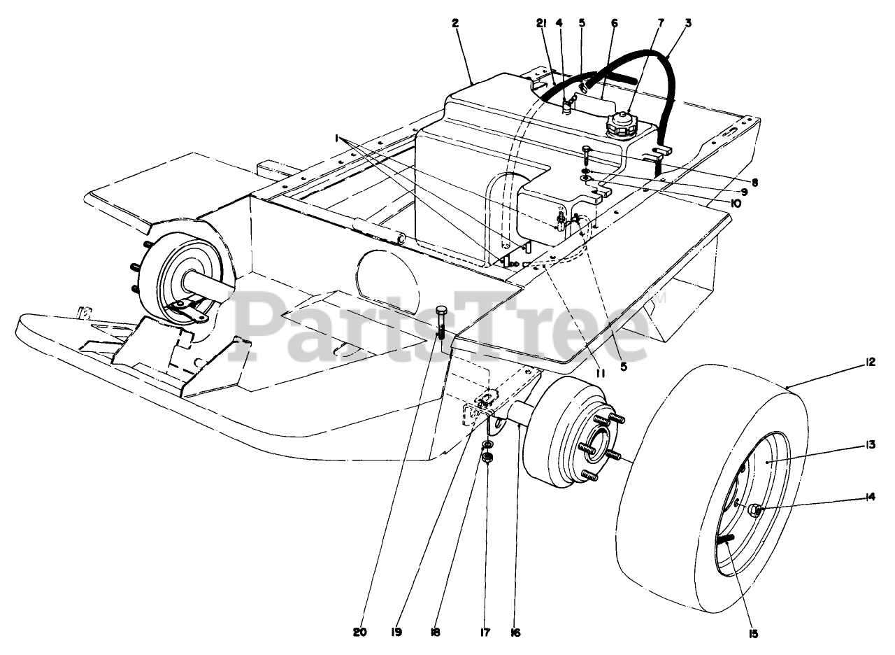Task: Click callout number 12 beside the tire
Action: [x=870, y=362]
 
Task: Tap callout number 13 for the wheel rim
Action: [x=870, y=444]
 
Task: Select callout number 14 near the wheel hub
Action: [x=870, y=498]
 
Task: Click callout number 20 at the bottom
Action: [x=360, y=632]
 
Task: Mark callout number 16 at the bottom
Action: [x=516, y=632]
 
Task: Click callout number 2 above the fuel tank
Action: [x=455, y=23]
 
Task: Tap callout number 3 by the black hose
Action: [x=689, y=23]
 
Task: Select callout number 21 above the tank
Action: [x=540, y=23]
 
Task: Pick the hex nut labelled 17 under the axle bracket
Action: [x=489, y=458]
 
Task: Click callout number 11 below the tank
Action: [x=600, y=374]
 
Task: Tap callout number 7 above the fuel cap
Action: [x=660, y=23]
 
